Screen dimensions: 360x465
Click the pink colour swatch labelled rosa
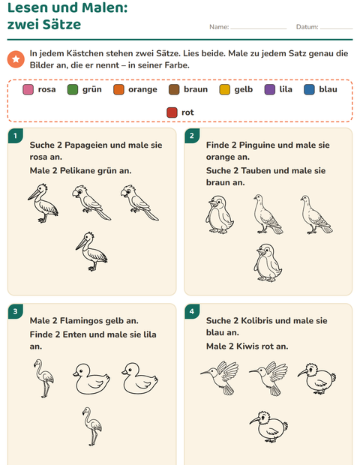(28, 89)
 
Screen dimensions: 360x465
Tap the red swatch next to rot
(172, 112)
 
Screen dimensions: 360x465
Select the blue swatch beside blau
(309, 89)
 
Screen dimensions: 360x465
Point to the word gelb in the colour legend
(244, 89)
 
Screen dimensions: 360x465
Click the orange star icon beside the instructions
(16, 59)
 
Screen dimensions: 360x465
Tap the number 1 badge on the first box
(15, 136)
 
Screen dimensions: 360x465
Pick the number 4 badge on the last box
(192, 311)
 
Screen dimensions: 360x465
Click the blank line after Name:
(259, 28)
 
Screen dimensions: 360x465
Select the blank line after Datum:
(337, 28)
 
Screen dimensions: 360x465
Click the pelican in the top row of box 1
(43, 203)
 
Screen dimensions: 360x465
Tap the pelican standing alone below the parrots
(91, 252)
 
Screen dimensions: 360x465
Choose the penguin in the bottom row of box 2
(268, 262)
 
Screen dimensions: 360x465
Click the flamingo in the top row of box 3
(44, 379)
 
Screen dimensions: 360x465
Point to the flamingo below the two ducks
(92, 427)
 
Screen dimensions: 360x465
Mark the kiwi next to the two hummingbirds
(316, 379)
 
